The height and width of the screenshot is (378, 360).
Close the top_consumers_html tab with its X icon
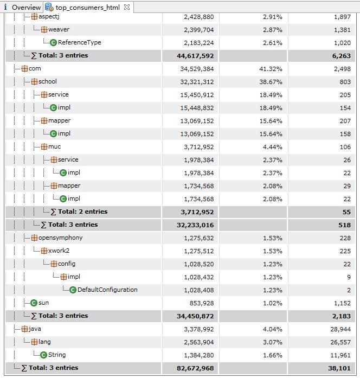[127, 7]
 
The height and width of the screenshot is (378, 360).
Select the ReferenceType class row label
[79, 43]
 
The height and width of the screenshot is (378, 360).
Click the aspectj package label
[49, 17]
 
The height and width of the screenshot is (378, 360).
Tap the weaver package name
[59, 30]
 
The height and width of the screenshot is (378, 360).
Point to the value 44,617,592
[195, 56]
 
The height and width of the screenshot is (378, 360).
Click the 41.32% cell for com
[271, 69]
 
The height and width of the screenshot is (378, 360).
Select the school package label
[48, 81]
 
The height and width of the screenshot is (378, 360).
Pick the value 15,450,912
[197, 95]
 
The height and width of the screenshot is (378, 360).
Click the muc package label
[54, 146]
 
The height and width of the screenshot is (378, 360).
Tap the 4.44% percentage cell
[273, 147]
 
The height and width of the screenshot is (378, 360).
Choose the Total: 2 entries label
[82, 212]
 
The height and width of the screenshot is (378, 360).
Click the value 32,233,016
[195, 225]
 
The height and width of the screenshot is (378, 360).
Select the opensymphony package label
[61, 238]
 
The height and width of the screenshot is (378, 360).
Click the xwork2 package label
[59, 251]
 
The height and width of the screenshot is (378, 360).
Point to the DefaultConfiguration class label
[107, 290]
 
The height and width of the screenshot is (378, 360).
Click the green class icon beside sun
[34, 303]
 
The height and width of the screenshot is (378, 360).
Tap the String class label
[57, 355]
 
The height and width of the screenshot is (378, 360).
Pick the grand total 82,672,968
[195, 368]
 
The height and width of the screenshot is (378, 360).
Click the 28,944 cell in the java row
[340, 329]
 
